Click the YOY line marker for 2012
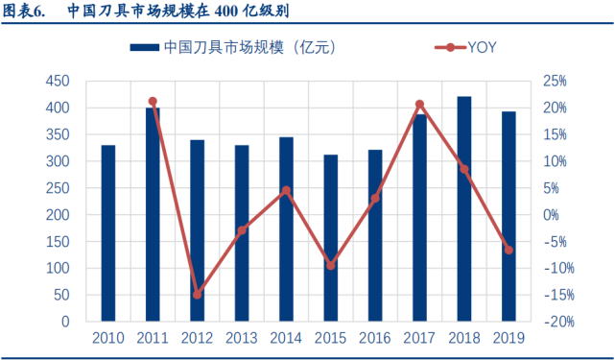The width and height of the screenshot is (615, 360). (198, 295)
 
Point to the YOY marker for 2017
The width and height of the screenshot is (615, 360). (419, 104)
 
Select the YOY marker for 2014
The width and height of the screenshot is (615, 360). (286, 190)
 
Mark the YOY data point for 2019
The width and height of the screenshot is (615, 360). (509, 250)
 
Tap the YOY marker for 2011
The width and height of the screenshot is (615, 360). (153, 101)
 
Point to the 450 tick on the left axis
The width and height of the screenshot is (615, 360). (59, 81)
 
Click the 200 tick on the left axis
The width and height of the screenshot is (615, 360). (59, 215)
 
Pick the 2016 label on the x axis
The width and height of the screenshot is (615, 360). (375, 338)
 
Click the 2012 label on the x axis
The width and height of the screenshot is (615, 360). (198, 338)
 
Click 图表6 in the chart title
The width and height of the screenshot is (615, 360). (26, 12)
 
